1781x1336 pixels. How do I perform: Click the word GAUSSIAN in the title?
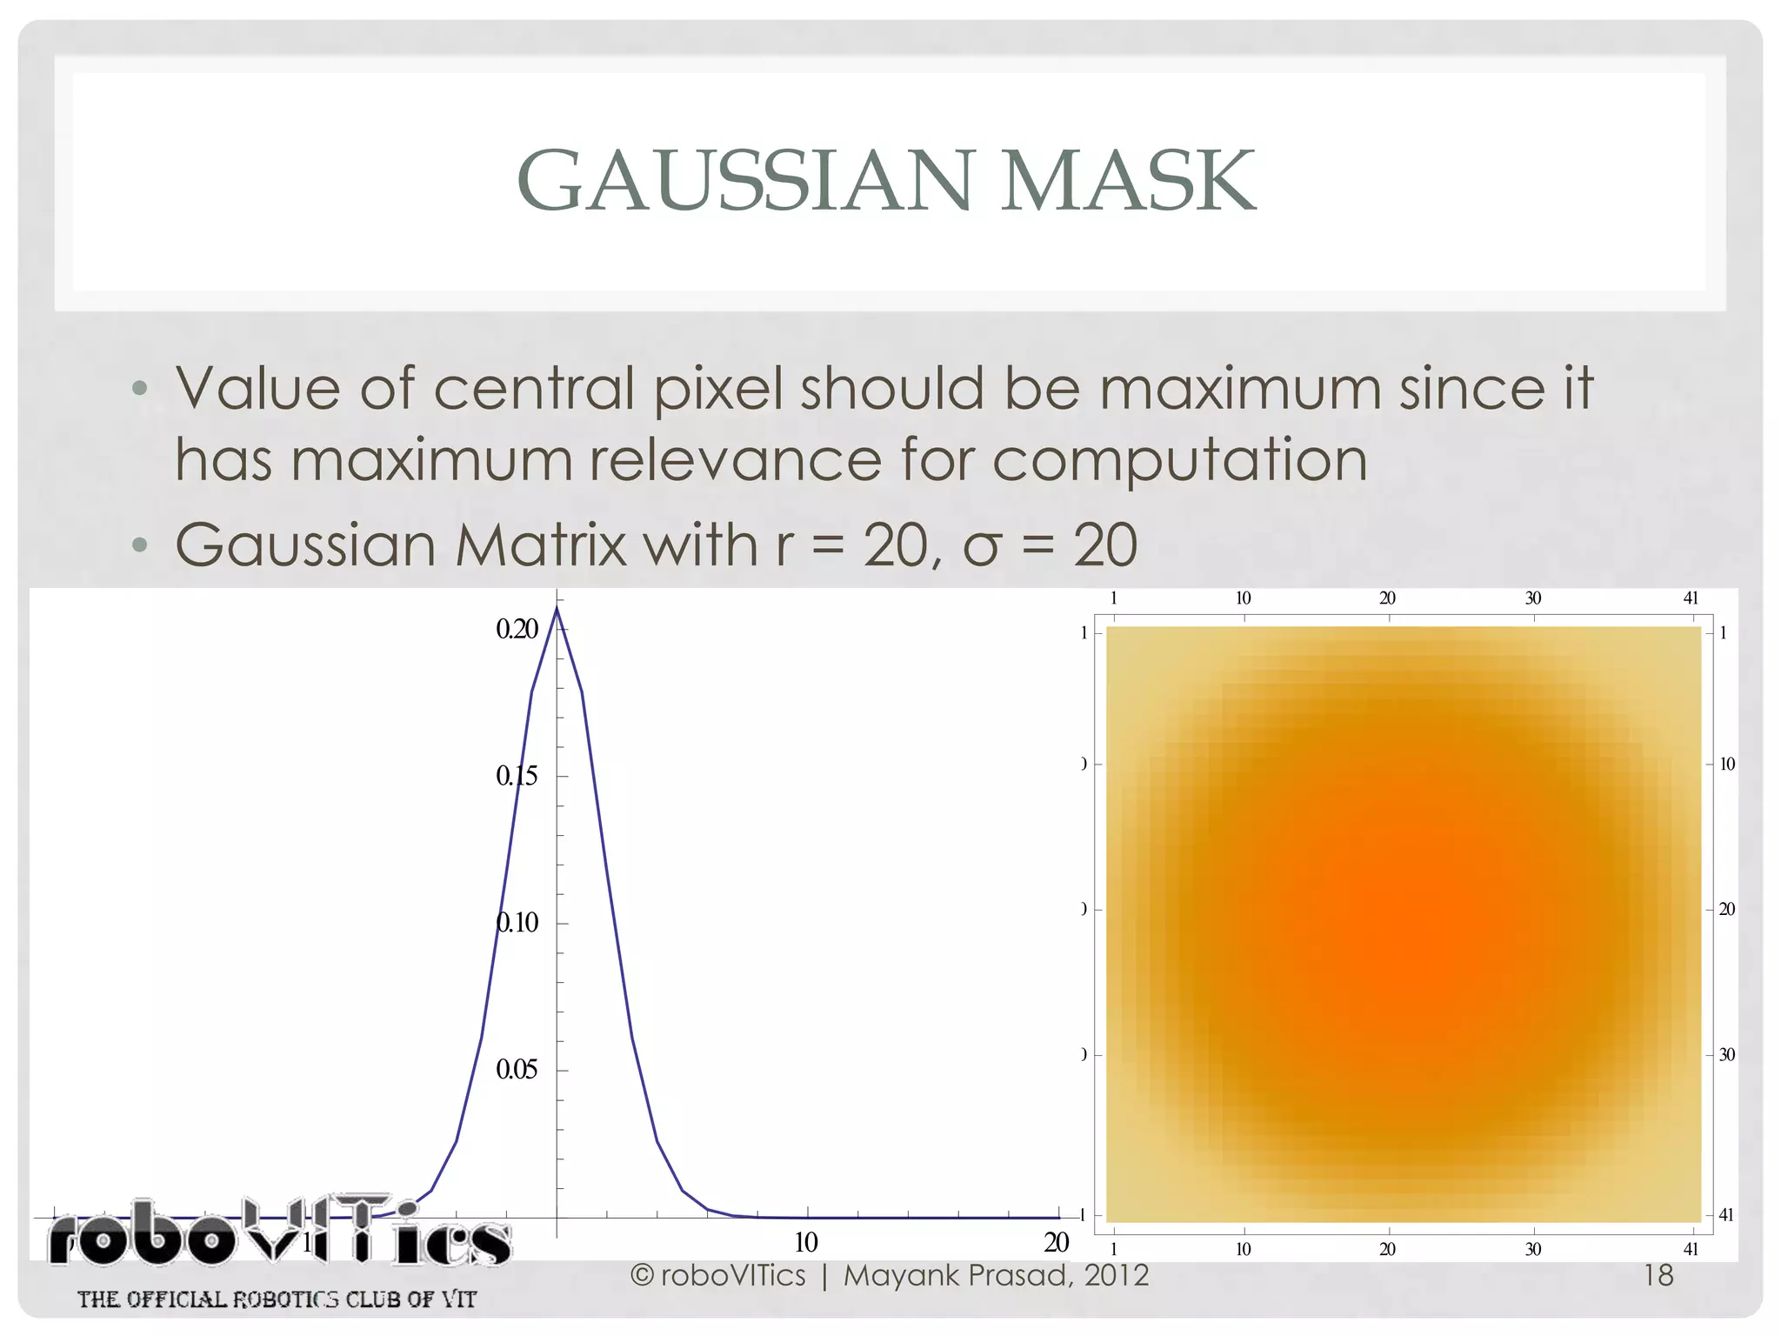744,181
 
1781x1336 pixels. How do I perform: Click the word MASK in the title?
1128,181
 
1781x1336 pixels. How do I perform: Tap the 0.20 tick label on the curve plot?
517,629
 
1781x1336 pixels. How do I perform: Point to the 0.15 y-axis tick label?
517,776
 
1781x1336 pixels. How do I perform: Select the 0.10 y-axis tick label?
517,922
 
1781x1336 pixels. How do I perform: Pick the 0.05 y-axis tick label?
517,1069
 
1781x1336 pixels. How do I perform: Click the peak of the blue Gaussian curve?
557,608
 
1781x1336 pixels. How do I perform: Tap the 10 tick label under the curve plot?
806,1243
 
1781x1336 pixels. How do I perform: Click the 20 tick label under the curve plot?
1056,1243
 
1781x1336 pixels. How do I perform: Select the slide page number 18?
1658,1275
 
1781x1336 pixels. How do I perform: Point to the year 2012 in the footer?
1117,1275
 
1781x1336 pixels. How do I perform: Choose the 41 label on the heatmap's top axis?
1691,598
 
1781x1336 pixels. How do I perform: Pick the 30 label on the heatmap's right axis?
1727,1055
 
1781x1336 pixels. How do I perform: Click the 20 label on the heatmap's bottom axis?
1387,1249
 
